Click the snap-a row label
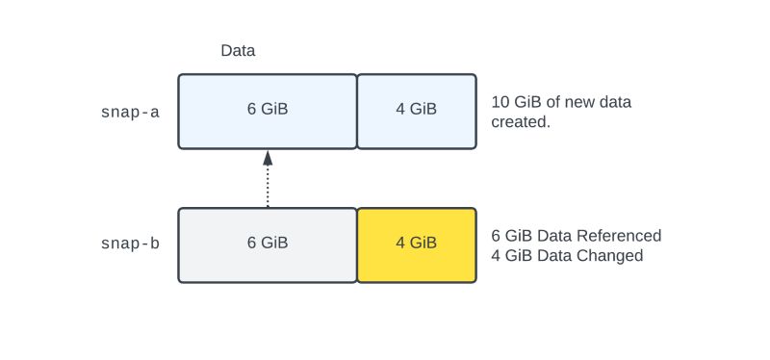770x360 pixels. pyautogui.click(x=130, y=112)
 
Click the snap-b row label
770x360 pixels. pyautogui.click(x=130, y=244)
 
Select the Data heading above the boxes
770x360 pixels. pyautogui.click(x=238, y=50)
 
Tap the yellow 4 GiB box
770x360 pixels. pyautogui.click(x=417, y=244)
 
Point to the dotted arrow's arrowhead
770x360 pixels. pyautogui.click(x=268, y=158)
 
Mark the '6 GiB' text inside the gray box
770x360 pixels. pyautogui.click(x=268, y=244)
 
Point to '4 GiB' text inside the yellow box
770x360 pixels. pyautogui.click(x=417, y=244)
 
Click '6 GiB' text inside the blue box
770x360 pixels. pyautogui.click(x=268, y=109)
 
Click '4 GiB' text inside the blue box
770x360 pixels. pyautogui.click(x=417, y=109)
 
